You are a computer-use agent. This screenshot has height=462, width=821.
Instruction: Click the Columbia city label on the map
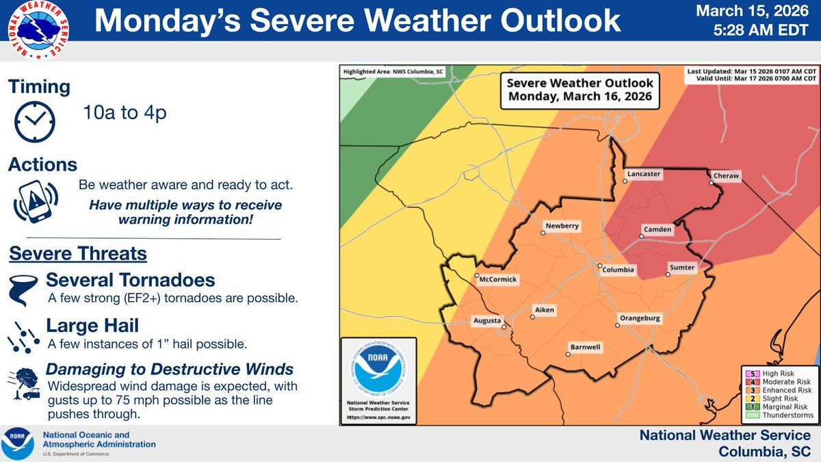pyautogui.click(x=619, y=270)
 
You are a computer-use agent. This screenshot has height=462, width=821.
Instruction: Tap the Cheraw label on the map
pyautogui.click(x=726, y=176)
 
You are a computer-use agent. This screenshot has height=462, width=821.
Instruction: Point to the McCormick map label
pyautogui.click(x=499, y=279)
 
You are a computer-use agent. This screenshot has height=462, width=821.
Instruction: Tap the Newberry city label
pyautogui.click(x=562, y=226)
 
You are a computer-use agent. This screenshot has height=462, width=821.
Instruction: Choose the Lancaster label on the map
pyautogui.click(x=644, y=175)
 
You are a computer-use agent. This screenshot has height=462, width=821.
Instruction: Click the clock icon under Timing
pyautogui.click(x=34, y=121)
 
